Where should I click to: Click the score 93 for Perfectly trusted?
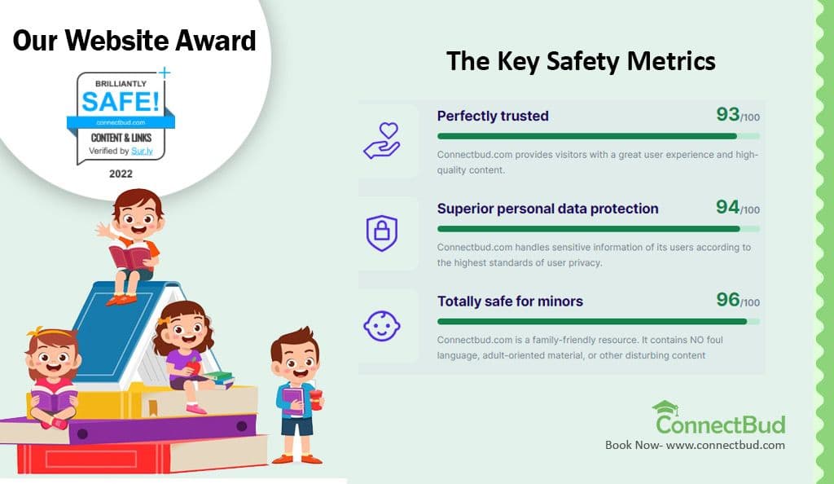[727, 114]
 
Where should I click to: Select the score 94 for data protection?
[727, 207]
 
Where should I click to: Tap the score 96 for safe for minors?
[727, 299]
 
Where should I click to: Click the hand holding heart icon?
[382, 141]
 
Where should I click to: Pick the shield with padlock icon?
[382, 233]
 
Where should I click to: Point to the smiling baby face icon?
[382, 325]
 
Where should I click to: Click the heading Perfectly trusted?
[493, 116]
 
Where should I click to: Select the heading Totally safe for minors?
[510, 301]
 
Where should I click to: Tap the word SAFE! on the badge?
[121, 101]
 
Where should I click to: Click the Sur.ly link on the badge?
[142, 151]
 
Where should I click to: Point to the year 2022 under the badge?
[121, 174]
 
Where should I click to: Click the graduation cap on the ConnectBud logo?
[665, 408]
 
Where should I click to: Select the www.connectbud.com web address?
[726, 445]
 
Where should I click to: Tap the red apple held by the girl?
[194, 366]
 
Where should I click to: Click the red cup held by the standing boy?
[316, 400]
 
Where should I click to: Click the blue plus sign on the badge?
[165, 73]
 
